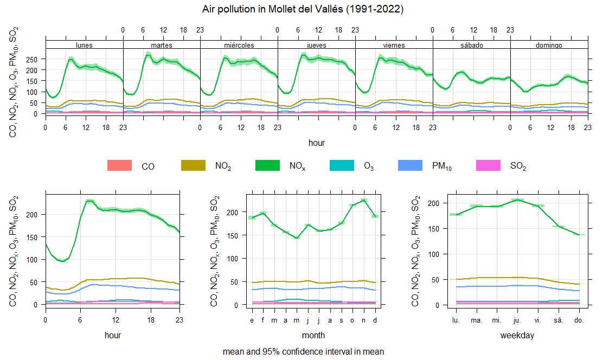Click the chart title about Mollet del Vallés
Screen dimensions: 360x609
303,9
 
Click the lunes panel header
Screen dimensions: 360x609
84,45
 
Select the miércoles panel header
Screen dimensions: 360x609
239,45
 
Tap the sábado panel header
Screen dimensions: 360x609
471,45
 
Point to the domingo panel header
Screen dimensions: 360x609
549,45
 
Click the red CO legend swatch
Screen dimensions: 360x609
119,166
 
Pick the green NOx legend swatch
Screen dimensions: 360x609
267,166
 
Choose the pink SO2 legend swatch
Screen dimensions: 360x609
487,166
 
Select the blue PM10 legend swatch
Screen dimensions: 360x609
410,166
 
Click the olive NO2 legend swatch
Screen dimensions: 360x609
193,166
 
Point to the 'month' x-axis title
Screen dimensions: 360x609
313,336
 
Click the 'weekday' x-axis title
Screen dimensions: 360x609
517,336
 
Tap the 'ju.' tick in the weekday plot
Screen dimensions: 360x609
517,320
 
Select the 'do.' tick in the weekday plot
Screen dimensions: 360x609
579,320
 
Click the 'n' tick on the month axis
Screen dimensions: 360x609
364,320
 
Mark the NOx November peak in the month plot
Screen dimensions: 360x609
364,201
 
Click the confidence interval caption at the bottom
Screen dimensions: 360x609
303,351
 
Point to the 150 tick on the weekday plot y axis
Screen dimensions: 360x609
434,228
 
